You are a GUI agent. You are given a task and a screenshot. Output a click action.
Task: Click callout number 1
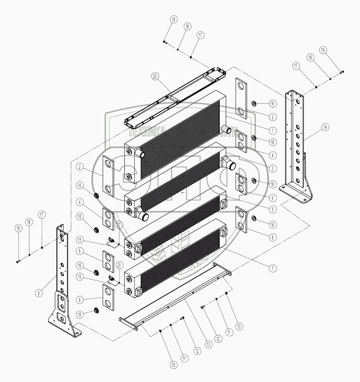click(x=273, y=131)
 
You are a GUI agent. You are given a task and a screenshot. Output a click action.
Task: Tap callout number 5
click(x=273, y=209)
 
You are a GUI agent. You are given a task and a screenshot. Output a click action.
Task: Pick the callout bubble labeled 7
click(x=273, y=268)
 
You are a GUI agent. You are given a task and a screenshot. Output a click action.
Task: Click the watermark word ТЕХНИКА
click(x=147, y=131)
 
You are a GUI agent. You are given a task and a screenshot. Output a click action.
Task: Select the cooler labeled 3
click(x=175, y=178)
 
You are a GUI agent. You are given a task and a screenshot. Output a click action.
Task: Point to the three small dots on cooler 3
click(x=183, y=193)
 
